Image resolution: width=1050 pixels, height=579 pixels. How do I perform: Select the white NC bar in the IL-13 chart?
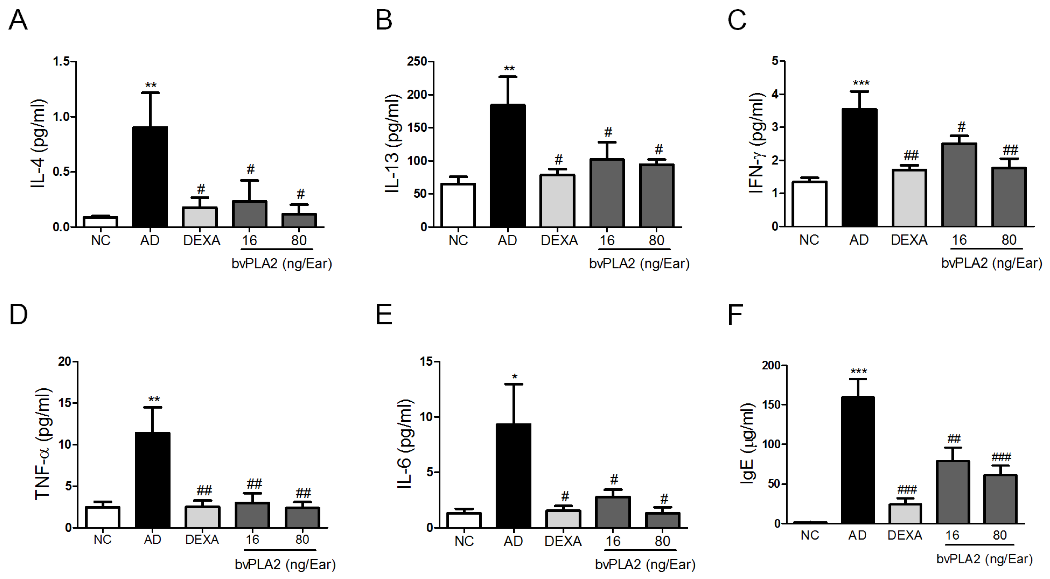(458, 206)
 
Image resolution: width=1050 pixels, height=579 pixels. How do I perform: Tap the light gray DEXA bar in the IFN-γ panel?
(909, 198)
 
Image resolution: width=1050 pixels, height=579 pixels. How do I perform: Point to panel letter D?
(18, 315)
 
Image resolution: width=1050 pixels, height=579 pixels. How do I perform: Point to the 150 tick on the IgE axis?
(771, 404)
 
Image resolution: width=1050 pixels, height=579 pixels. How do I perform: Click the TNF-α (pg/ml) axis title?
(43, 444)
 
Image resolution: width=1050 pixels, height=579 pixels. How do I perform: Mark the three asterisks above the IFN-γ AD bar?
(861, 83)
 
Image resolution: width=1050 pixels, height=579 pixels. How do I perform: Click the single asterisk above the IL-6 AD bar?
(515, 377)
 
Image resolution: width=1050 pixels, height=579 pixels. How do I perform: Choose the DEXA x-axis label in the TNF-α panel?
(202, 540)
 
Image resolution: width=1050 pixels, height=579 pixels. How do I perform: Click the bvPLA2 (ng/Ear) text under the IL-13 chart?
(639, 264)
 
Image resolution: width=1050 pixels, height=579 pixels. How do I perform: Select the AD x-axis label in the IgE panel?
(857, 535)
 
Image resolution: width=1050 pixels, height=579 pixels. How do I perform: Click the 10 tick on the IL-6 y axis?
(426, 417)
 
